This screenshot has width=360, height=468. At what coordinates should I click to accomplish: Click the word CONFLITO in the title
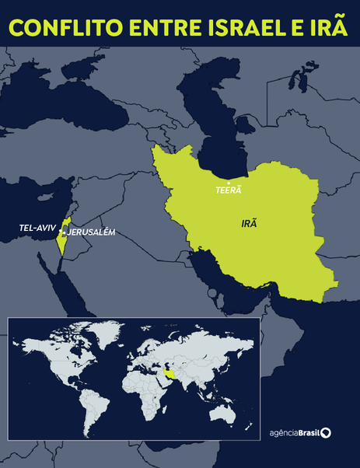pos(60,28)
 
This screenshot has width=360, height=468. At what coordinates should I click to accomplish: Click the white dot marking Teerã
pos(229,182)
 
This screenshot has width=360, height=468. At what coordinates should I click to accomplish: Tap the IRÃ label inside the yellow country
pos(250,222)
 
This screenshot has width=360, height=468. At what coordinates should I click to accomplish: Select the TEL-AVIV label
pos(38,229)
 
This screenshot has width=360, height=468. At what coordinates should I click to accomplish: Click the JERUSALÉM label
pos(93,232)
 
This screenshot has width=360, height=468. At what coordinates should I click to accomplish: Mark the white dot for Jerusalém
pos(65,232)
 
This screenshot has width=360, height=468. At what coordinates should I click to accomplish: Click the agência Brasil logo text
pos(295,432)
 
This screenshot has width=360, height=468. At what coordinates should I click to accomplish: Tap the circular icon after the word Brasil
pos(326,432)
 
